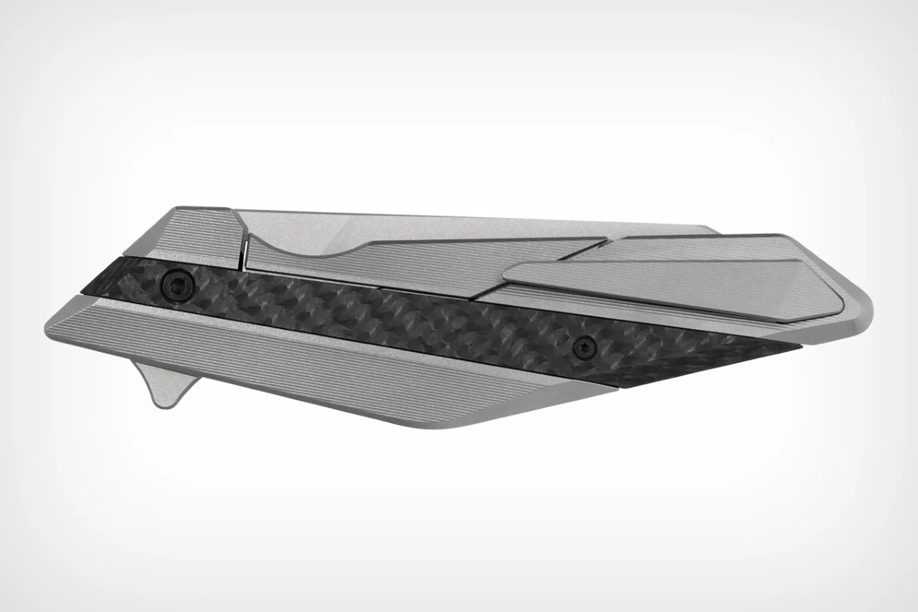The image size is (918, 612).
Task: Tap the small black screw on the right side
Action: coord(585,347)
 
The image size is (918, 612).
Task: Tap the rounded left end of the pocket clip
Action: coord(511,273)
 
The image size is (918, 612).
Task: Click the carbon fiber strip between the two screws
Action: coord(380,315)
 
